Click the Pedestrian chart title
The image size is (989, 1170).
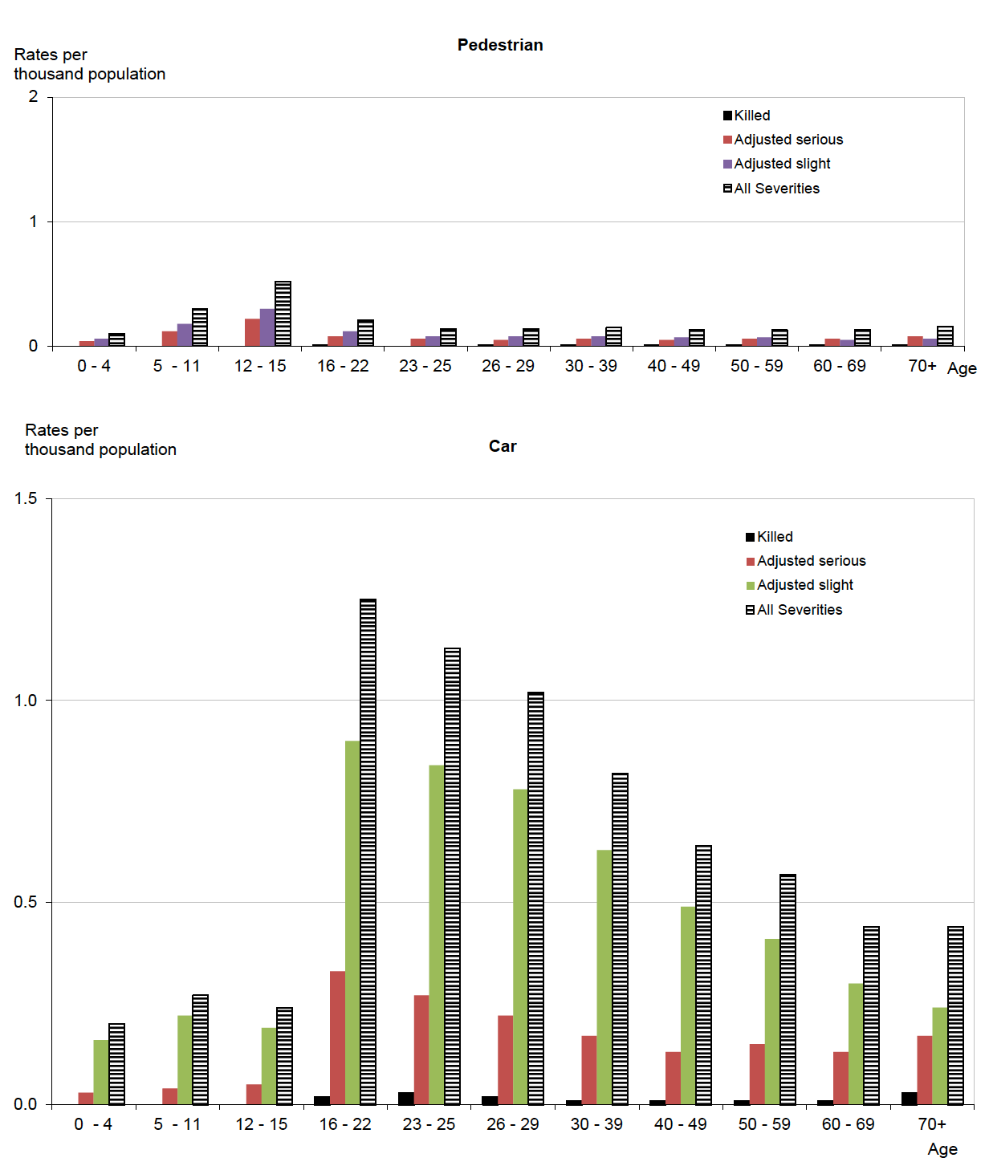[500, 45]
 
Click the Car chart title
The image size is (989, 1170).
[503, 446]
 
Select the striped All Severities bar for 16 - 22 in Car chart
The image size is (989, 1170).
[368, 851]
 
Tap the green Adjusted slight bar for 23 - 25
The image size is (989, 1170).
[437, 934]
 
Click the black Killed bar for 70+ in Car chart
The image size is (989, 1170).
[909, 1098]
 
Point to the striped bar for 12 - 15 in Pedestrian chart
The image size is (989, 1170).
[283, 314]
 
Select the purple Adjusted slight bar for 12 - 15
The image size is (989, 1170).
[267, 327]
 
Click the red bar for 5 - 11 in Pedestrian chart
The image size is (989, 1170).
[169, 338]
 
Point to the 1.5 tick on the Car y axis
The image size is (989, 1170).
[26, 498]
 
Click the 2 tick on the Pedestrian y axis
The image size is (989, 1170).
[33, 97]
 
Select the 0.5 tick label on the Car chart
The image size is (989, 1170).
[26, 902]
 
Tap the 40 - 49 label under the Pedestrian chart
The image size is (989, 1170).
[674, 366]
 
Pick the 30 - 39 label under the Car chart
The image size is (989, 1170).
[596, 1124]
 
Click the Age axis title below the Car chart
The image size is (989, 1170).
[942, 1149]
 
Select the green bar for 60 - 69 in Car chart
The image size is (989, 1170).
[856, 1043]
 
